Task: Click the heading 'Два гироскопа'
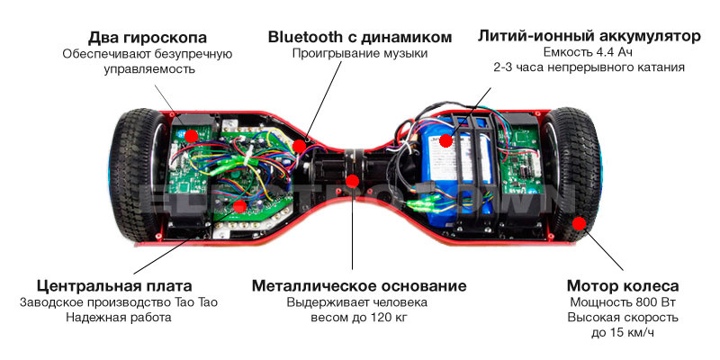pos(148,37)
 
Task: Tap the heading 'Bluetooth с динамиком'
pos(360,37)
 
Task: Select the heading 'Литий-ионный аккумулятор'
pos(589,36)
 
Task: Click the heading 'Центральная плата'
pos(114,286)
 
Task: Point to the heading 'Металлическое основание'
pos(359,286)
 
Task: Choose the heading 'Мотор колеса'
pos(623,286)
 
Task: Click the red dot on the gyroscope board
pos(191,136)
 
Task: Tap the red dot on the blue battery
pos(445,140)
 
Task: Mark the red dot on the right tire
pos(580,223)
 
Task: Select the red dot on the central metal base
pos(352,181)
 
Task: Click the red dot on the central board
pos(239,206)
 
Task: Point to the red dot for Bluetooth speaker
pos(300,146)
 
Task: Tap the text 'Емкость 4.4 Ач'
pos(589,52)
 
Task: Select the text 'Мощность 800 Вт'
pos(623,302)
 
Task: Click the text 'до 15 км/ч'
pos(623,333)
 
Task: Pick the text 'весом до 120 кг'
pos(359,318)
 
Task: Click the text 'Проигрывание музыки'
pos(360,54)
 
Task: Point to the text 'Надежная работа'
pos(119,318)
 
